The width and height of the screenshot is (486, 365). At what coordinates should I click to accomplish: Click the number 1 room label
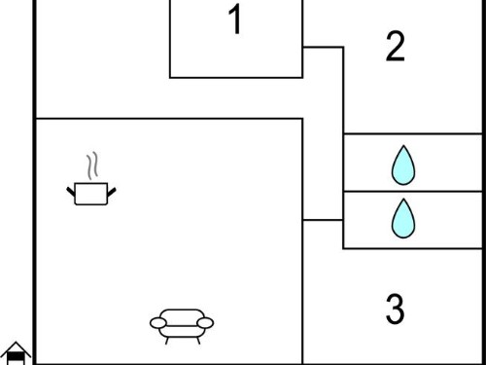(235, 19)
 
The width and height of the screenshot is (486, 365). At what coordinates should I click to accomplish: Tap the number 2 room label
(396, 46)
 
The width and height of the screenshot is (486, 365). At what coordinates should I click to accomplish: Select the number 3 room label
(396, 309)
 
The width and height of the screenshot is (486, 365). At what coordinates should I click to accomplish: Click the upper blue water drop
(403, 165)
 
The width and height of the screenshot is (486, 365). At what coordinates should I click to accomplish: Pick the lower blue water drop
(403, 218)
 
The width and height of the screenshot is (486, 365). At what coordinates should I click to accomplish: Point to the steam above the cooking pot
(92, 165)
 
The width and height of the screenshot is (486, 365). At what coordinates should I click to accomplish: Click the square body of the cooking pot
(91, 194)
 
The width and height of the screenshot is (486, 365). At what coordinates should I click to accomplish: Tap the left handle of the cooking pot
(71, 192)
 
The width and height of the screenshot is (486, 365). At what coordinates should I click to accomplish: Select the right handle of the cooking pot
(112, 192)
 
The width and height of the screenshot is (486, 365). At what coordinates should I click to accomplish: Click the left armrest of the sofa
(158, 323)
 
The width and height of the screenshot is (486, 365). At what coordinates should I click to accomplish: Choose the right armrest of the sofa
(205, 323)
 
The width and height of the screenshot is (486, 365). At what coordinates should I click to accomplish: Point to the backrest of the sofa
(182, 317)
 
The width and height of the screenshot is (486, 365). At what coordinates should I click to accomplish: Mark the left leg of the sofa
(167, 341)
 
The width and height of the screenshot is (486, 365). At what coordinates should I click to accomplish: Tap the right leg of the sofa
(198, 341)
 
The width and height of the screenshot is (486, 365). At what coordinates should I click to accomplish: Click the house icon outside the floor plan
(16, 353)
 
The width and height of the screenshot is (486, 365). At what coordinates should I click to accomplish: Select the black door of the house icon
(16, 358)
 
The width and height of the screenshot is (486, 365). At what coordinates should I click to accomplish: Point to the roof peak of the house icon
(16, 343)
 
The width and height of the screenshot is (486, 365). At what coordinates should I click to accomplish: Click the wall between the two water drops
(413, 192)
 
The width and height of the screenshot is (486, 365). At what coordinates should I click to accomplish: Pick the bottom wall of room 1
(236, 78)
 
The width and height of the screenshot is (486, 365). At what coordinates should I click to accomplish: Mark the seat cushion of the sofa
(182, 331)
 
